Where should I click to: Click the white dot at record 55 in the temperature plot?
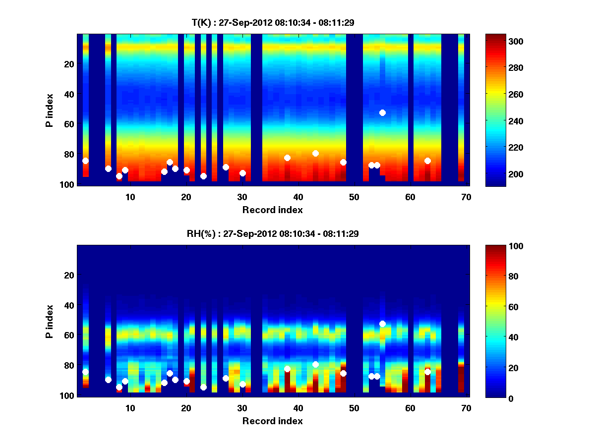[382, 113]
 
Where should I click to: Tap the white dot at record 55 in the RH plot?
[382, 324]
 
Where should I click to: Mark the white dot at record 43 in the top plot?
[315, 154]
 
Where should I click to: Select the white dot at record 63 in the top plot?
[427, 161]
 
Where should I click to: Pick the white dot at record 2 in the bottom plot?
[85, 372]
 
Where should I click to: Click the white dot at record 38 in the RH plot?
[287, 369]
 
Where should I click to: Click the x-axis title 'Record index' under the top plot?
[273, 210]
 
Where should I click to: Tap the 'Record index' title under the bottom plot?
[273, 421]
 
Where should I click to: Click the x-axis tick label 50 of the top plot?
[354, 197]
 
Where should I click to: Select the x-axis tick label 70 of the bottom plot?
[466, 408]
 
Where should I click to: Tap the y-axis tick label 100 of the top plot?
[68, 184]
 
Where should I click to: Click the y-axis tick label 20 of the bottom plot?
[69, 275]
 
